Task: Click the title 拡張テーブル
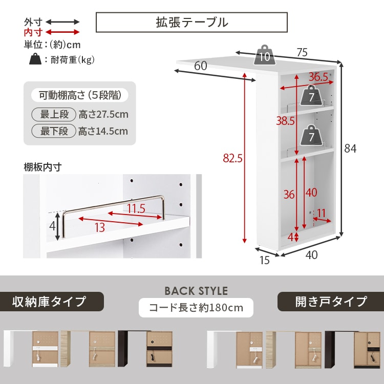[191, 23]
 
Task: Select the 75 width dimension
[302, 52]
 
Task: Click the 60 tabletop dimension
[201, 66]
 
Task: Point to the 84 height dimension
[350, 149]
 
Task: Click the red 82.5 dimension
[232, 159]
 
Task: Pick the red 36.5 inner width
[318, 77]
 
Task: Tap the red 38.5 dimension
[286, 121]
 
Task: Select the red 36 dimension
[289, 195]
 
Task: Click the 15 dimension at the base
[264, 260]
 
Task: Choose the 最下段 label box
[54, 131]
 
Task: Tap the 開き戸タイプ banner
[331, 302]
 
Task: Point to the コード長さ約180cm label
[196, 308]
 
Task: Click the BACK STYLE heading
[196, 291]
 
